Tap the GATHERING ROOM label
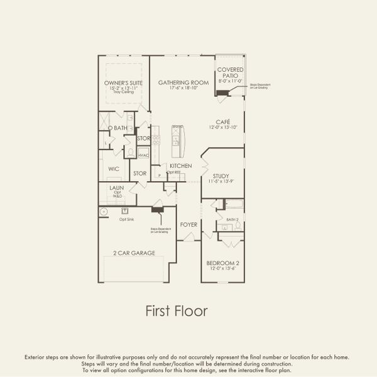coord(182,83)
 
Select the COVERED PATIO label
coord(230,72)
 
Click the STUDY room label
coord(221,176)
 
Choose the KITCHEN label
coord(180,166)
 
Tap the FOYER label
coord(188,224)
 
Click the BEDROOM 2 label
coord(222,263)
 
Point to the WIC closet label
coord(114,169)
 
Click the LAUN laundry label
coord(116,187)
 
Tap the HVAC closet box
coord(143,155)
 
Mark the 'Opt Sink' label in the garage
coord(126,219)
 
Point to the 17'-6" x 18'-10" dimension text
coord(182,89)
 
